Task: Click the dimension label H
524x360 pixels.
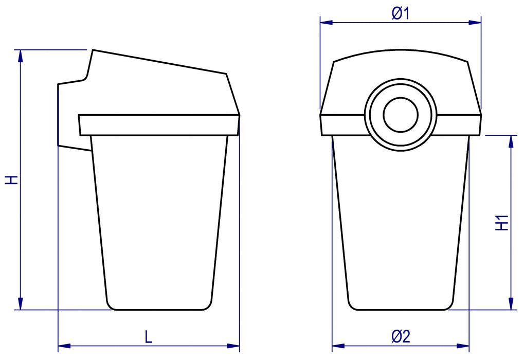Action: pyautogui.click(x=11, y=179)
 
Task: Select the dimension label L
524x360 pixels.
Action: pyautogui.click(x=149, y=337)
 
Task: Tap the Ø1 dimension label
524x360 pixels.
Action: pyautogui.click(x=401, y=14)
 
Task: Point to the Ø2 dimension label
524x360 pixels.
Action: pyautogui.click(x=401, y=336)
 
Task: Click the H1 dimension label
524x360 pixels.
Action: pyautogui.click(x=501, y=223)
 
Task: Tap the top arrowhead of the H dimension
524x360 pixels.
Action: pyautogui.click(x=21, y=56)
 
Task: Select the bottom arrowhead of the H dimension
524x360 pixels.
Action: pyautogui.click(x=21, y=303)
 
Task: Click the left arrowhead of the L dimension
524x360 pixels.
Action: pyautogui.click(x=64, y=346)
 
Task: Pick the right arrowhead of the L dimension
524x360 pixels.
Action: pyautogui.click(x=233, y=346)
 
